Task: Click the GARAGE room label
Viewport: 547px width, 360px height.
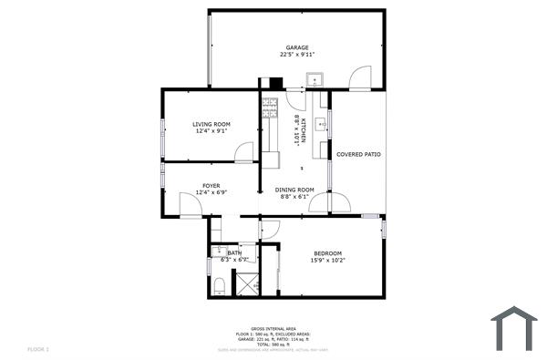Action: click(x=297, y=47)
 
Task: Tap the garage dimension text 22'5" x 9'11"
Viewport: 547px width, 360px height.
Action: click(x=297, y=55)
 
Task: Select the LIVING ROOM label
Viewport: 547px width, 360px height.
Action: click(x=211, y=124)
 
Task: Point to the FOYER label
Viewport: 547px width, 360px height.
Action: click(x=211, y=186)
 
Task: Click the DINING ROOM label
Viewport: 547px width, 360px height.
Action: click(x=294, y=190)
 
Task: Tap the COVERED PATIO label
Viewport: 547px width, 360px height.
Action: click(x=358, y=154)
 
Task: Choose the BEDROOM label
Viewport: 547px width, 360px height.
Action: click(x=328, y=252)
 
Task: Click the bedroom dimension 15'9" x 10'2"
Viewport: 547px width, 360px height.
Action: click(x=328, y=260)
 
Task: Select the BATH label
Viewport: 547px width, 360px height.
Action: click(x=234, y=252)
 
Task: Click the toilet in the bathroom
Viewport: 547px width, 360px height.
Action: click(x=219, y=286)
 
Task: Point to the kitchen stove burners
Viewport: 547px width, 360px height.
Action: click(x=270, y=108)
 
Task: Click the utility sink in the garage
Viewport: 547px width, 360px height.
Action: click(x=315, y=79)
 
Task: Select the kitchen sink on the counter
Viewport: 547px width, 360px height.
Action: click(x=322, y=124)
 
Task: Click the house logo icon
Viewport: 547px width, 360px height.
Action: click(x=514, y=329)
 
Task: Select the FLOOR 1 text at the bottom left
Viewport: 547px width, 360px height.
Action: click(x=38, y=349)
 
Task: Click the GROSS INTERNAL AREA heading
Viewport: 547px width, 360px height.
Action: click(x=273, y=328)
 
